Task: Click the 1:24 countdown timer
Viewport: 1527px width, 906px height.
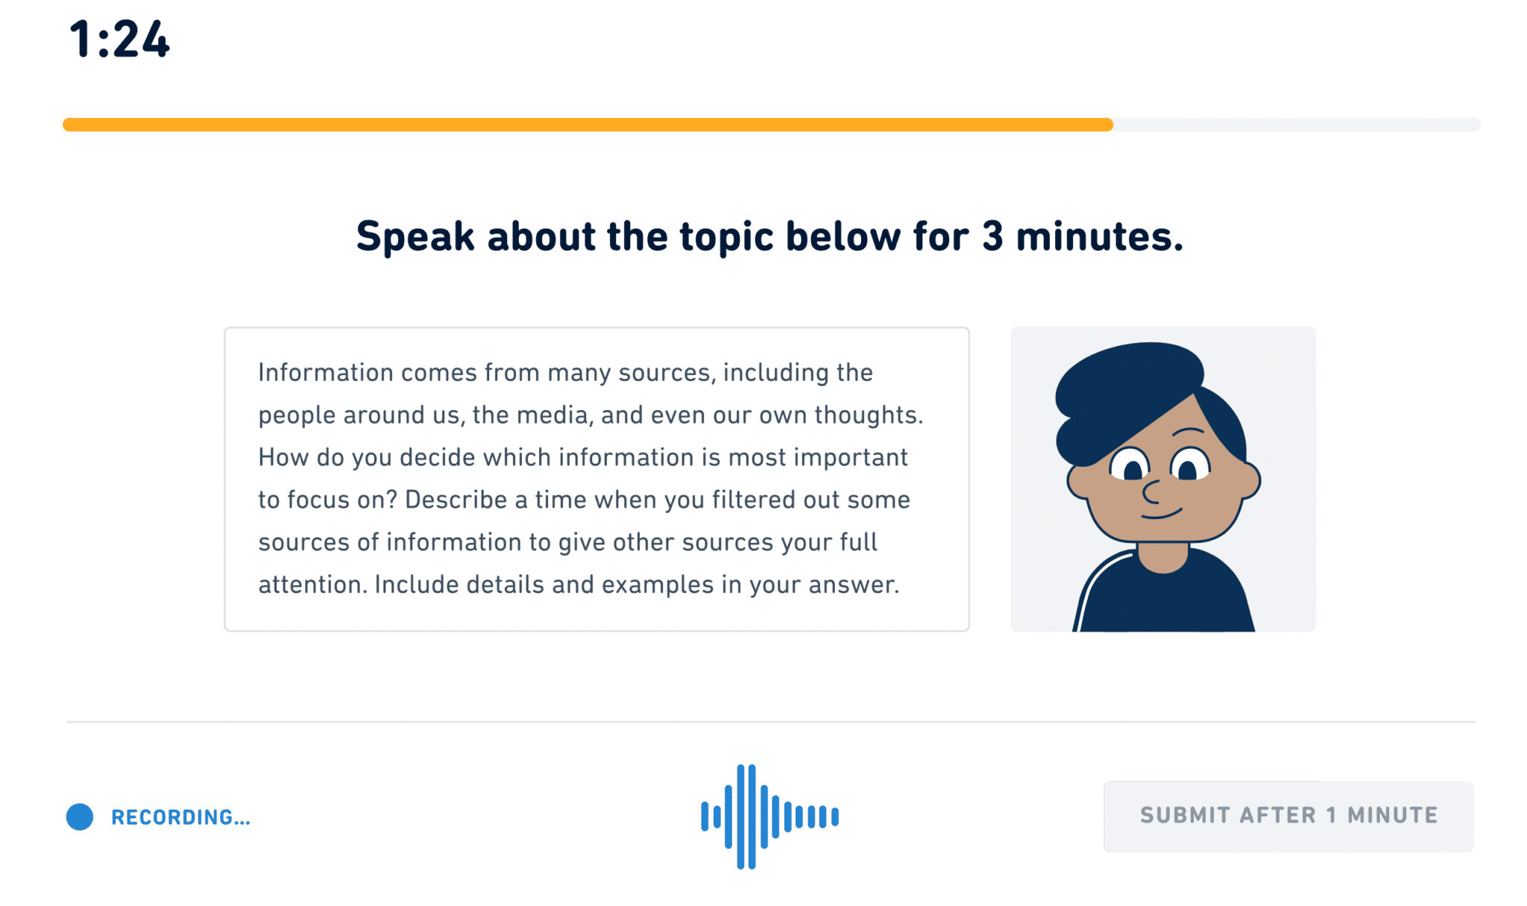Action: tap(119, 40)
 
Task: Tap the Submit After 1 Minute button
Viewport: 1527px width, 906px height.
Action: tap(1288, 816)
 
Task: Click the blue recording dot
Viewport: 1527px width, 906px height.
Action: tap(80, 817)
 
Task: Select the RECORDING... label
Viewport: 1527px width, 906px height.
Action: tap(180, 817)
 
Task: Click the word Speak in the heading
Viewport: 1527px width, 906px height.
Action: tap(415, 237)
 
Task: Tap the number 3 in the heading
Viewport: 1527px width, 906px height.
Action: tap(992, 237)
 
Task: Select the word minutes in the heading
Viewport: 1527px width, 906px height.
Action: tap(1098, 237)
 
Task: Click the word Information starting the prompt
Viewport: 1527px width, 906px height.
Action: tap(325, 372)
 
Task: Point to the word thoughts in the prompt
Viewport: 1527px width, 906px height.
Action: tap(868, 415)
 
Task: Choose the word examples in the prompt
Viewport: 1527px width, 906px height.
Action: tap(658, 585)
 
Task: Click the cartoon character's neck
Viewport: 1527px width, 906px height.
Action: tap(1162, 558)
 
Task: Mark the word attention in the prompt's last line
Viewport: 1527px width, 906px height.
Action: tap(312, 585)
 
